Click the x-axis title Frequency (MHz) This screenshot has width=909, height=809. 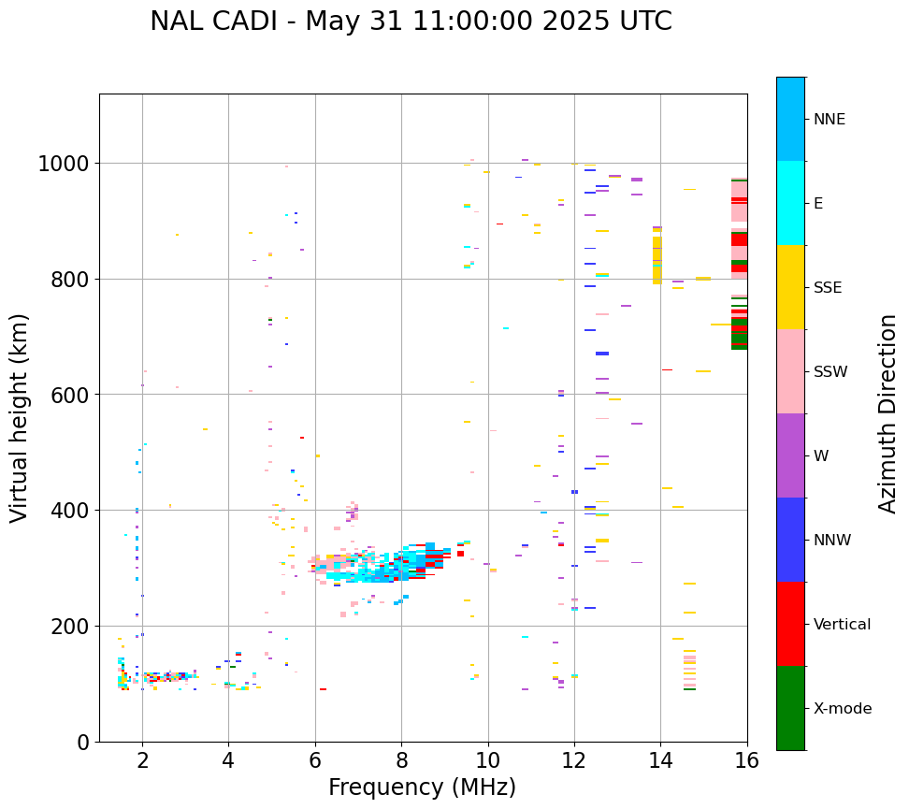tap(422, 787)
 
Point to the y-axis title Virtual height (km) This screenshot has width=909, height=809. tap(21, 417)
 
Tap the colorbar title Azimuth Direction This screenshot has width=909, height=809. tap(887, 413)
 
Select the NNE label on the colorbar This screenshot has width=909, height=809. tap(830, 119)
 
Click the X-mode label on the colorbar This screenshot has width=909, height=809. tap(843, 708)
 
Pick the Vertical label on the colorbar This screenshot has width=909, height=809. tap(842, 624)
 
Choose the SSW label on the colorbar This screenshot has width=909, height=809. tap(830, 371)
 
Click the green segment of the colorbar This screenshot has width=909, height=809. tap(790, 708)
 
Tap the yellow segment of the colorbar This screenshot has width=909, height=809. tap(790, 287)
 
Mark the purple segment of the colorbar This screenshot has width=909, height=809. tap(790, 455)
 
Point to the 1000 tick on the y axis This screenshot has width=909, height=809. tap(63, 164)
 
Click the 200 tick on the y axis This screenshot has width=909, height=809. tap(68, 626)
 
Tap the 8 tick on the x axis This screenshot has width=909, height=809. tap(401, 761)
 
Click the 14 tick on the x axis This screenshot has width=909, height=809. tap(660, 761)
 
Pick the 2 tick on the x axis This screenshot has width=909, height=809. tap(142, 761)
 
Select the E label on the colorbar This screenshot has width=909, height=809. tap(818, 203)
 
